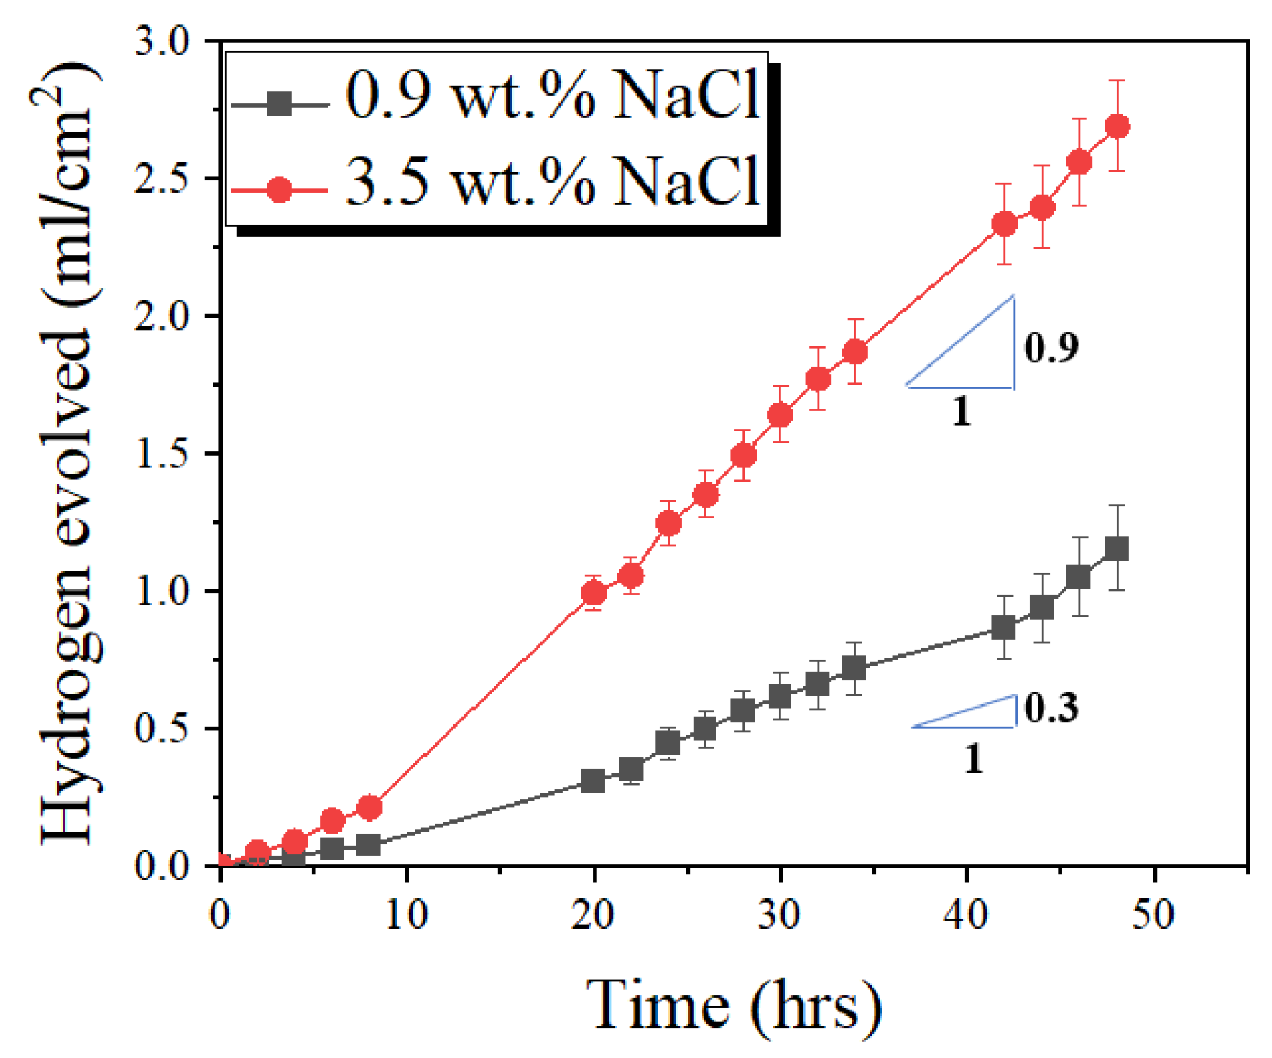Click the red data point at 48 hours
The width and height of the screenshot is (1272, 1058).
(1117, 126)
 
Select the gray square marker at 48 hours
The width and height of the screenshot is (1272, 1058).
(1116, 548)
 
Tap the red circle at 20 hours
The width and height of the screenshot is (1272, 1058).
(594, 593)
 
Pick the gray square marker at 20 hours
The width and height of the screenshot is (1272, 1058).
(593, 781)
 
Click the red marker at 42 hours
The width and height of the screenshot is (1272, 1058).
(1005, 224)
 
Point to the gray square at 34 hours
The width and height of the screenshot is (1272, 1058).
(853, 668)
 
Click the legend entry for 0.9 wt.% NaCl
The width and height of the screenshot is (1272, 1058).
(552, 96)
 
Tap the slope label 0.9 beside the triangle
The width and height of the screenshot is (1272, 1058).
(1051, 347)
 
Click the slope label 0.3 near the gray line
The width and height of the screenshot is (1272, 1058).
(1051, 708)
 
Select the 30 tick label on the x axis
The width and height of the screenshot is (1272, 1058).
(780, 915)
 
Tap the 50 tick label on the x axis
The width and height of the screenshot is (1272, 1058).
(1153, 915)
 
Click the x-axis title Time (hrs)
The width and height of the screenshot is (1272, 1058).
(733, 1004)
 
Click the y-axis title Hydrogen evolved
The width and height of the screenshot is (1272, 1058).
(68, 453)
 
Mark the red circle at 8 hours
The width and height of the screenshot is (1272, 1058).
(369, 808)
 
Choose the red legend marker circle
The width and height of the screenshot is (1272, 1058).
(279, 190)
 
